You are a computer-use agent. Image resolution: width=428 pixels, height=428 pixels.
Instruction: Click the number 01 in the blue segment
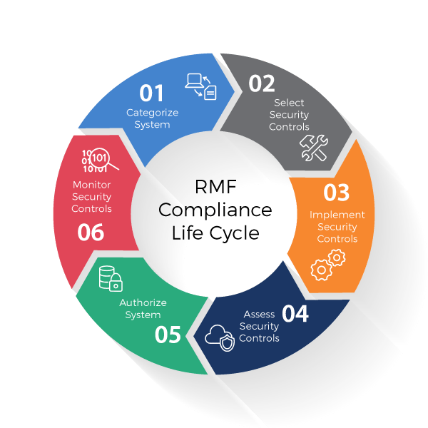point(151,93)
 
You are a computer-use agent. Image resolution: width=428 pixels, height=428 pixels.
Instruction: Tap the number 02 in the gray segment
point(262,83)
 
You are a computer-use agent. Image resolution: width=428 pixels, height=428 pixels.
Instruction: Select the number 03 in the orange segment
point(337,193)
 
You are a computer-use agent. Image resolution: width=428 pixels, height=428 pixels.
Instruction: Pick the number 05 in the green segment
point(168,334)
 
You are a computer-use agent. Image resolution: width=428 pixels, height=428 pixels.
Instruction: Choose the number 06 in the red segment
point(91,232)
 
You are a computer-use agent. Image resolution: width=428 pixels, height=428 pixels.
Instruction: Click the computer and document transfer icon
point(200,86)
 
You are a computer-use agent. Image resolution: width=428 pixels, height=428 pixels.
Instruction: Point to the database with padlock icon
point(111,277)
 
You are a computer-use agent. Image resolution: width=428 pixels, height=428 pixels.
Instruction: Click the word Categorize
point(152,113)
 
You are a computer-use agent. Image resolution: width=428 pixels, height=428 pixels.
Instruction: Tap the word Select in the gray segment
point(289,103)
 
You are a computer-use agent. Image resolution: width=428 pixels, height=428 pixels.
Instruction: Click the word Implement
point(337,215)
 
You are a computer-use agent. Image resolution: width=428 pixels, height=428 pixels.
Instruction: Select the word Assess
point(259,314)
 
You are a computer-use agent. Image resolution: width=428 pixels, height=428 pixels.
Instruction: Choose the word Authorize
point(143,302)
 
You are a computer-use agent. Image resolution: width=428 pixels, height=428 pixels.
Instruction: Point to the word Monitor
point(91,185)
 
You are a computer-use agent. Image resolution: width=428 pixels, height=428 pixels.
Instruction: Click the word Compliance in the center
point(215,210)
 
